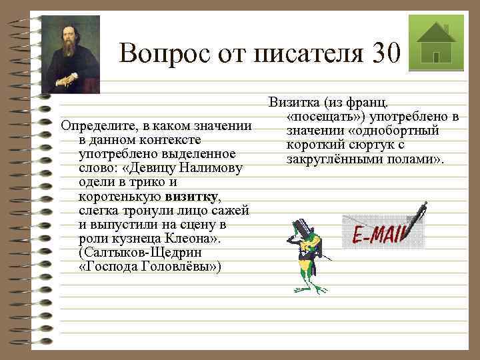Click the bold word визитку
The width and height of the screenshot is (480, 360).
[x=191, y=196]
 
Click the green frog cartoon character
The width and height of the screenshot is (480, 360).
[x=306, y=257]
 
